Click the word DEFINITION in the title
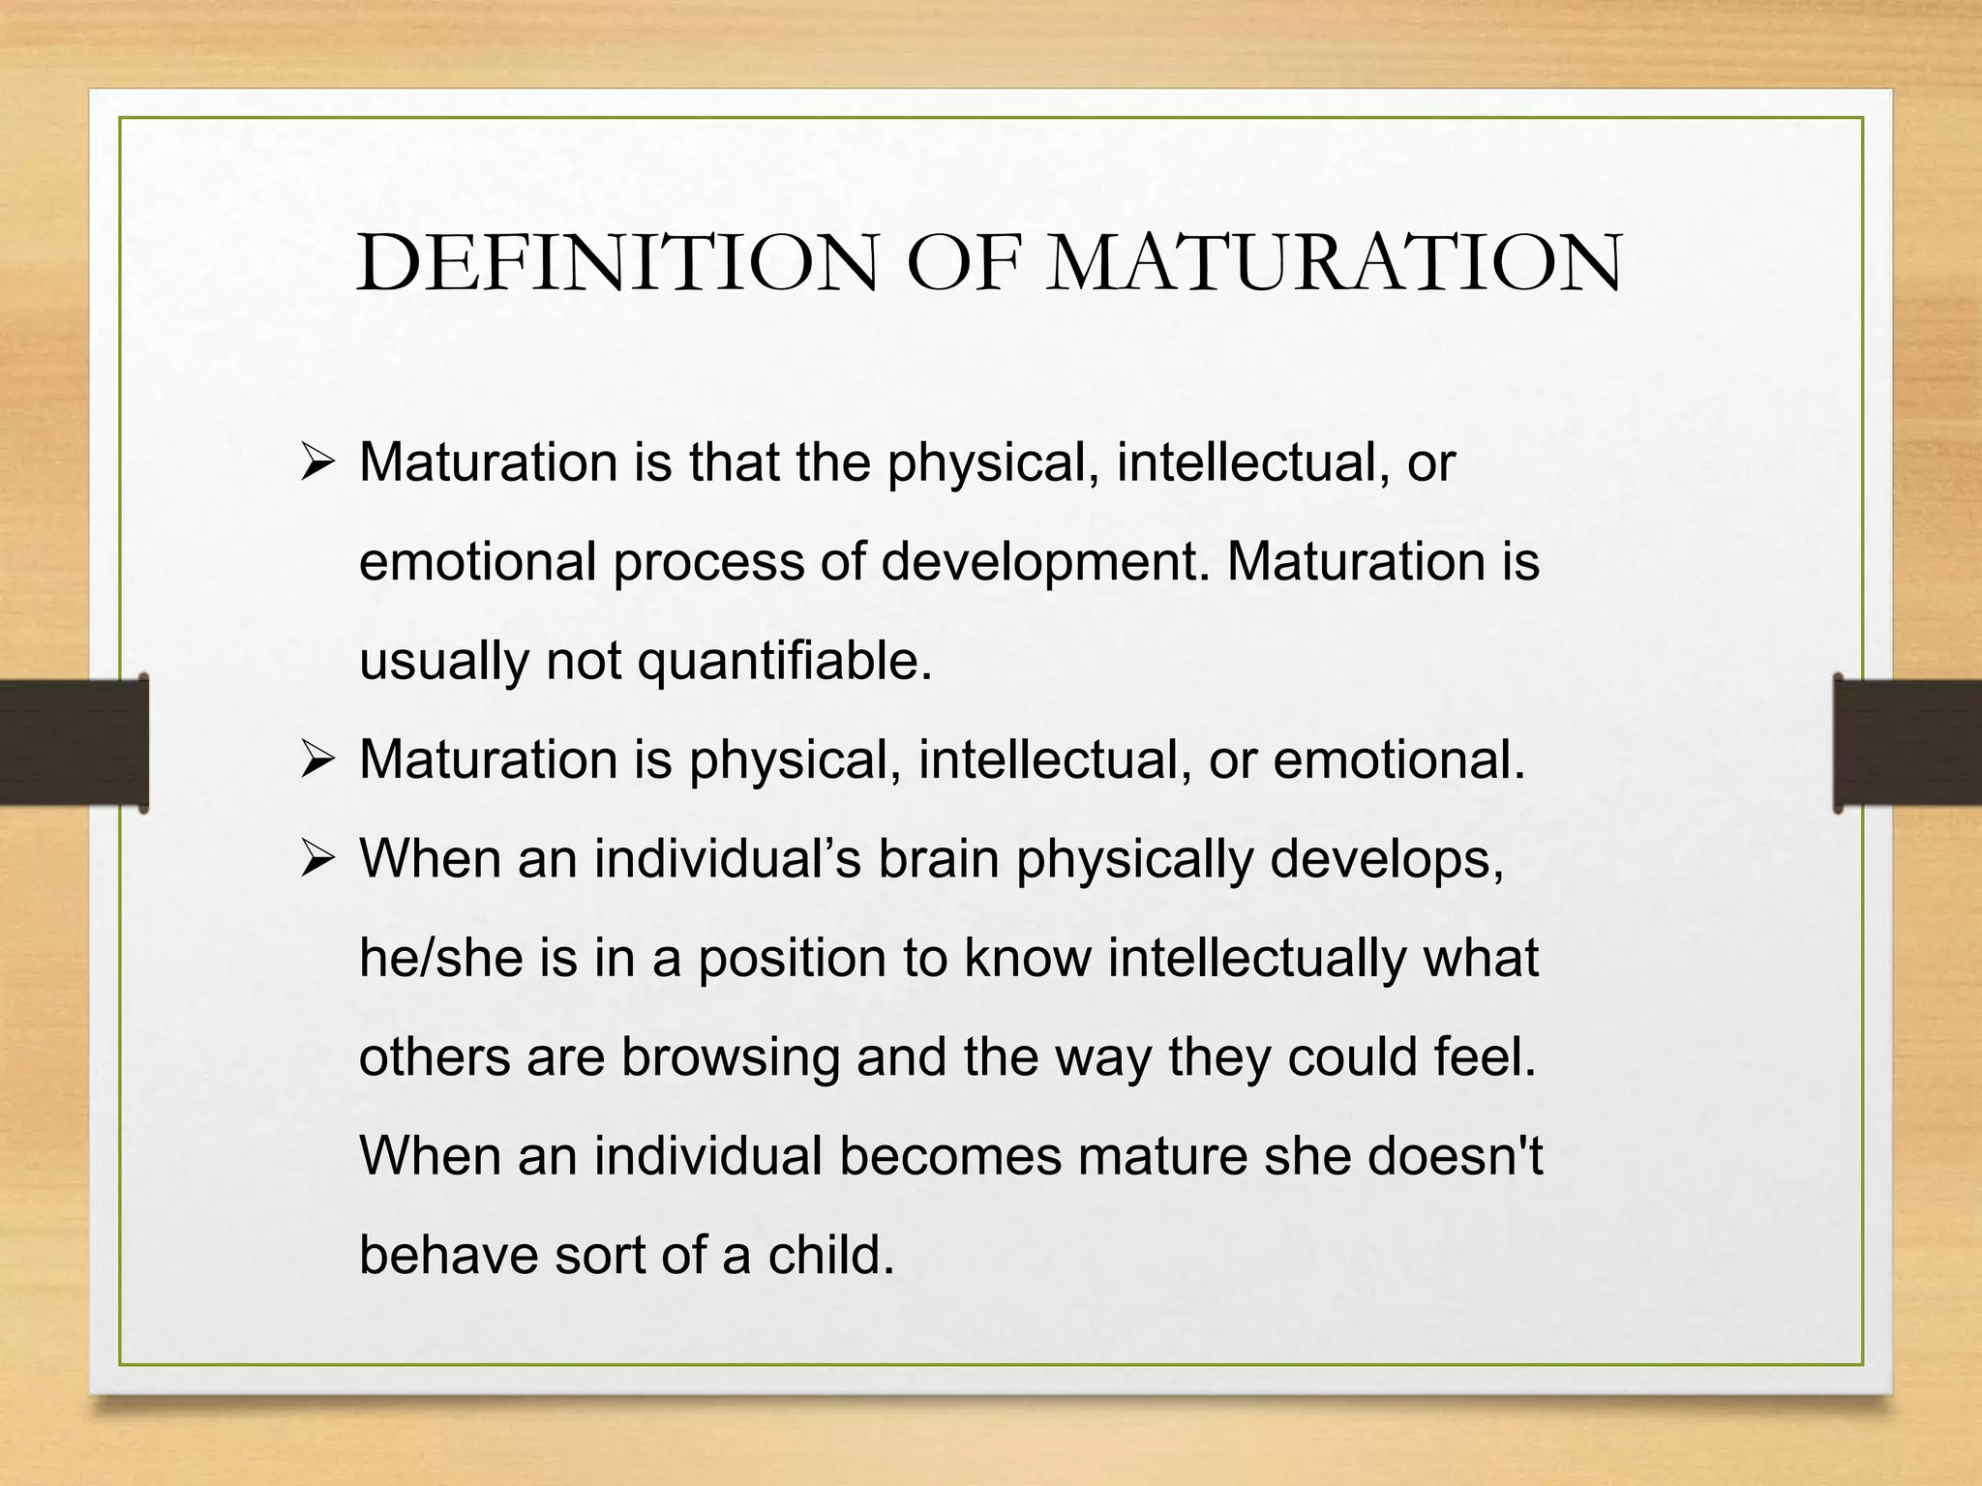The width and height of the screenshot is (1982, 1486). [x=617, y=263]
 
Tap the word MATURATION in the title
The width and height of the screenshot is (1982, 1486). [x=1335, y=263]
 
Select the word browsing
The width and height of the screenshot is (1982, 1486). [x=730, y=1057]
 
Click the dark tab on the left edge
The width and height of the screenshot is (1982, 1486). [x=74, y=743]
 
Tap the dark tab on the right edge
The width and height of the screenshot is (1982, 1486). [x=1907, y=743]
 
